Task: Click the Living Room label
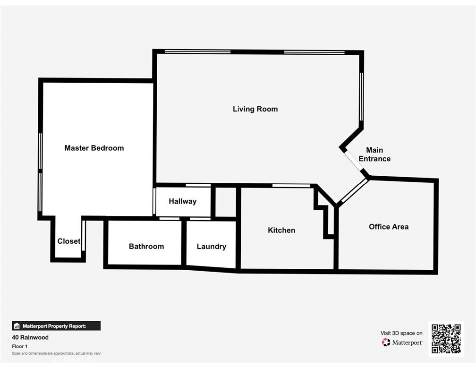pos(255,109)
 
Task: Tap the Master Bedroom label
pos(94,148)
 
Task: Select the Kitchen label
pos(281,230)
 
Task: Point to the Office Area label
pos(389,227)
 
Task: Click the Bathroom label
pos(146,246)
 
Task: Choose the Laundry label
pos(211,246)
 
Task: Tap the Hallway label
pos(182,201)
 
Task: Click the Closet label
pos(68,241)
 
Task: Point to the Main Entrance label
pos(374,154)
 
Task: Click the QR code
pos(446,338)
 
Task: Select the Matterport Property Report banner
pos(56,326)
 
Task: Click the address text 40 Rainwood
pos(30,337)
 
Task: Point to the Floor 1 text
pos(19,346)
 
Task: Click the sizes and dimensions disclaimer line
pos(56,353)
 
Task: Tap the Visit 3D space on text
pos(401,333)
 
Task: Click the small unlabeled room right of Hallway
pos(225,202)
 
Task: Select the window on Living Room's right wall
pos(362,97)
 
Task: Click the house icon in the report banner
pos(17,326)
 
